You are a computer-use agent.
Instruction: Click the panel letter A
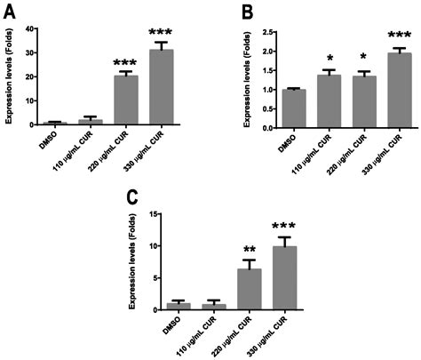click(x=11, y=12)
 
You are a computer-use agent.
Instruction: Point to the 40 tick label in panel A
click(x=29, y=28)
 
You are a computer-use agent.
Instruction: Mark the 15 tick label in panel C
click(x=154, y=214)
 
